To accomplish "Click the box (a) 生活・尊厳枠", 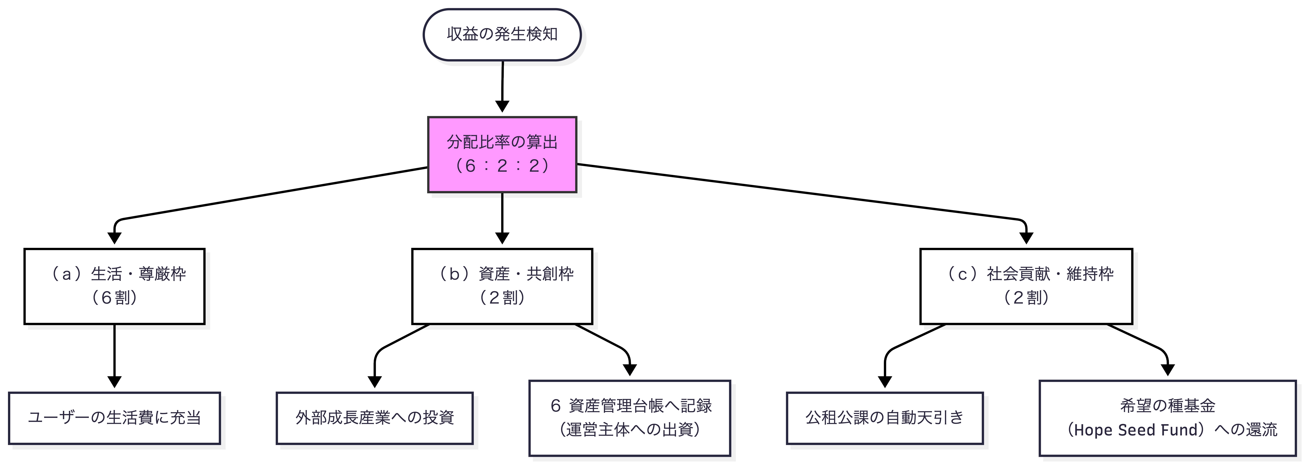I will (115, 286).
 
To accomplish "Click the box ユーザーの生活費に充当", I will (115, 418).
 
